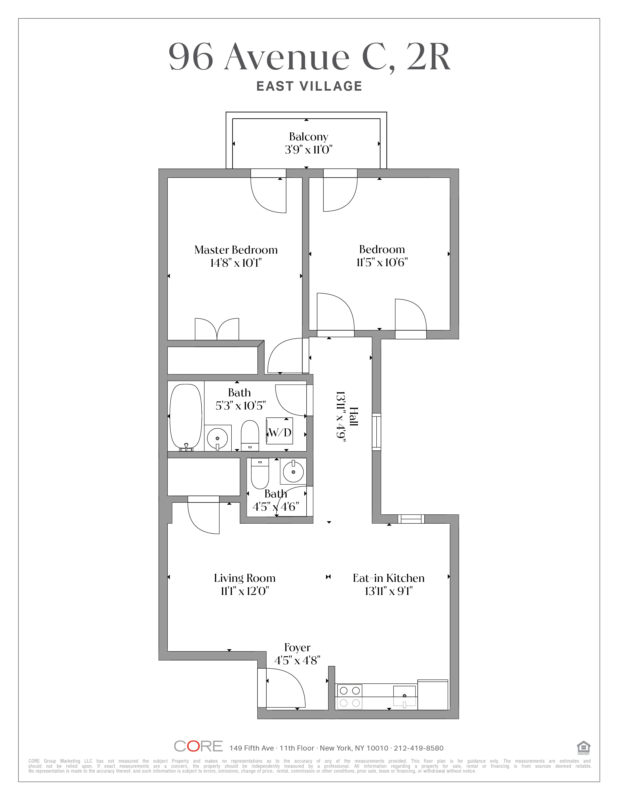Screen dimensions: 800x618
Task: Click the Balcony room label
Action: coord(308,137)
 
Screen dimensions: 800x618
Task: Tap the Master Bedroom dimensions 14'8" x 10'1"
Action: coord(236,263)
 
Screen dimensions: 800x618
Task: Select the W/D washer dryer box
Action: coord(279,432)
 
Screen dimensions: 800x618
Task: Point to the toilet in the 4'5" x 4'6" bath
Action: coord(260,473)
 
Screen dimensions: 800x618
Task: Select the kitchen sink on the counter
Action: coord(404,696)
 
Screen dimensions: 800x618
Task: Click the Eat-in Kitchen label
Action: coord(388,578)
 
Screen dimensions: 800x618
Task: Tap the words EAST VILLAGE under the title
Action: coord(309,87)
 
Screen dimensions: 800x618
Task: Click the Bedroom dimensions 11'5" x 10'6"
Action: coord(382,263)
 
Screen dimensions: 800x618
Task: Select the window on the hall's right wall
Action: coord(376,432)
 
